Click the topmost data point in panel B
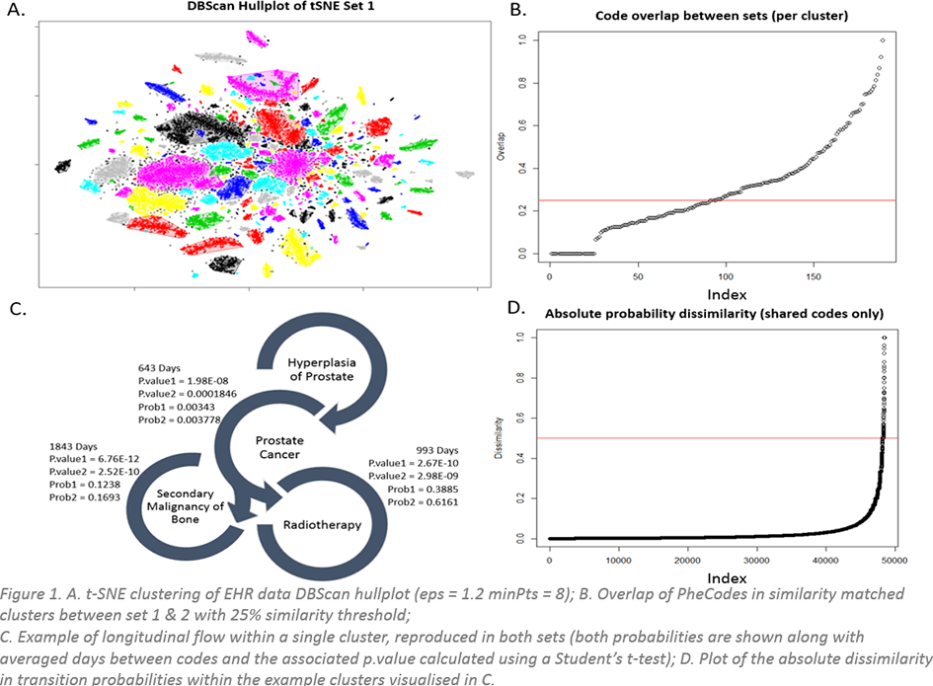point(882,40)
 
